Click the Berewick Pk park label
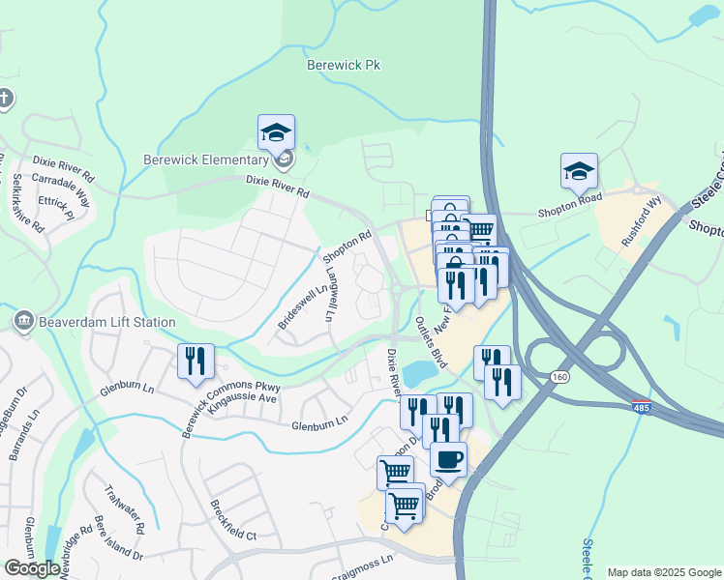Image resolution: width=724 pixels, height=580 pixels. (x=346, y=66)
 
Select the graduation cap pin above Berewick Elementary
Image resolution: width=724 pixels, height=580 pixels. (x=276, y=132)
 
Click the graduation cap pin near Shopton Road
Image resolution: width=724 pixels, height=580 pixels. (x=579, y=172)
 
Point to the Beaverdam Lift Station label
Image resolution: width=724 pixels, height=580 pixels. (x=96, y=322)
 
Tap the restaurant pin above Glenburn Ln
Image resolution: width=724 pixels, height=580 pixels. (x=196, y=362)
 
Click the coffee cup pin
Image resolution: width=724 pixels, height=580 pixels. (x=448, y=459)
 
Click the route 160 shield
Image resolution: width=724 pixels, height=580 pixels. (x=560, y=377)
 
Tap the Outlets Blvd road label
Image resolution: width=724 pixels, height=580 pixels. (x=431, y=341)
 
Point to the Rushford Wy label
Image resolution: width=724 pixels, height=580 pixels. (x=641, y=229)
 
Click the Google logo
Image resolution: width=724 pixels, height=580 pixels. (x=32, y=568)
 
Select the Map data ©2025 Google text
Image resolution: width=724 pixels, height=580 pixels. (x=664, y=572)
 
